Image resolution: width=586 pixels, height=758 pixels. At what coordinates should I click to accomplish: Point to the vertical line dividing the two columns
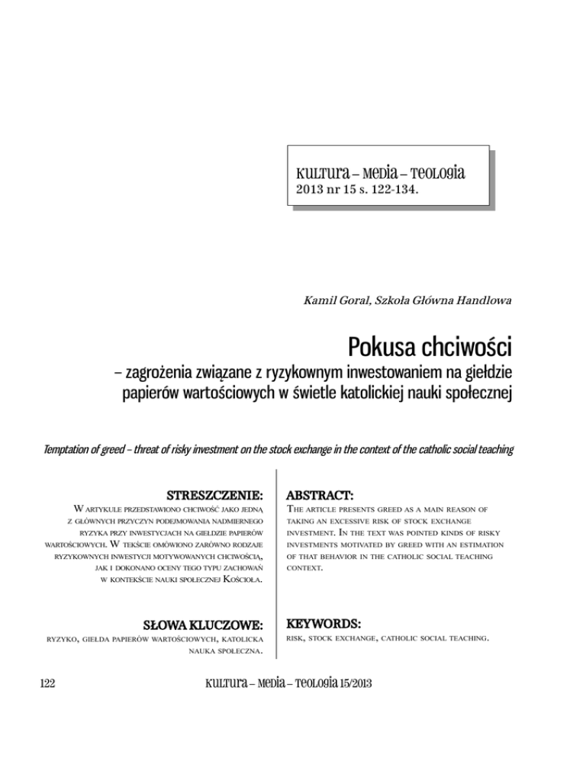point(278,564)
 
